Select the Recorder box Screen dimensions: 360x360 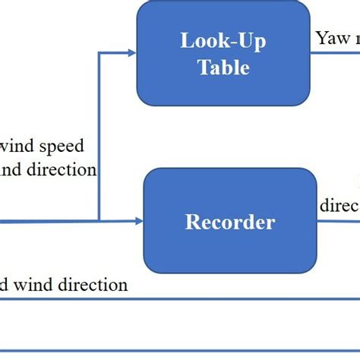(x=230, y=221)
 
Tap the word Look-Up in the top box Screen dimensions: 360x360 (x=223, y=41)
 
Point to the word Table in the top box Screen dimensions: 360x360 (x=223, y=67)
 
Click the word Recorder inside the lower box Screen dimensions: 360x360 (x=230, y=223)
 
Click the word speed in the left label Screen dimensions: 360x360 (x=58, y=145)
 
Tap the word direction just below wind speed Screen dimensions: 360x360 (x=61, y=169)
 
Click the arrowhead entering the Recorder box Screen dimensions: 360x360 (x=139, y=221)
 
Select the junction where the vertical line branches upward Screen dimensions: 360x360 (x=99, y=221)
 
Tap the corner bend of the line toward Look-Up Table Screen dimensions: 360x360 (x=99, y=52)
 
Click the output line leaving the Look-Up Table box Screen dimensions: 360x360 (x=334, y=52)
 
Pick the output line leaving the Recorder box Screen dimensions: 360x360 (x=338, y=221)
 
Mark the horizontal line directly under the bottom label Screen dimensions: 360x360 (x=180, y=299)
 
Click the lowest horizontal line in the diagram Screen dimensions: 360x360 (x=180, y=352)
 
